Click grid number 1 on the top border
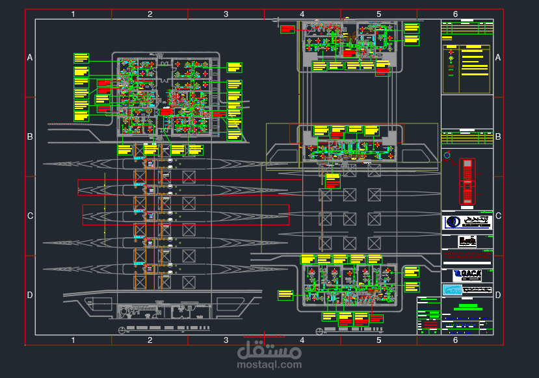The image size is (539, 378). coord(73,14)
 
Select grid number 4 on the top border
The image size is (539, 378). coord(302,14)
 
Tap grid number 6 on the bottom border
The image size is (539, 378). coord(454,340)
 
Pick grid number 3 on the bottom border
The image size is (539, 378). coord(226,340)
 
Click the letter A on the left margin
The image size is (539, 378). coord(30,58)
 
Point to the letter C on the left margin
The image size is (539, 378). coord(30,216)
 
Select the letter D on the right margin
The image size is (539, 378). coord(498,295)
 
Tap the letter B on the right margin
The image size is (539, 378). coord(498,137)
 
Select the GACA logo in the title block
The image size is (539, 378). coord(467,274)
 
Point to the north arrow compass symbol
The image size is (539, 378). coord(447,155)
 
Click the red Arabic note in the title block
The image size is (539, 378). coord(467,257)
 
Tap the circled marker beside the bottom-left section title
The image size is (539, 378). coord(123,331)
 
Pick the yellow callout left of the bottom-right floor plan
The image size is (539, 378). coord(285,295)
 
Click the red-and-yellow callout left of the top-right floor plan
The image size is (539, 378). coord(287,29)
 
